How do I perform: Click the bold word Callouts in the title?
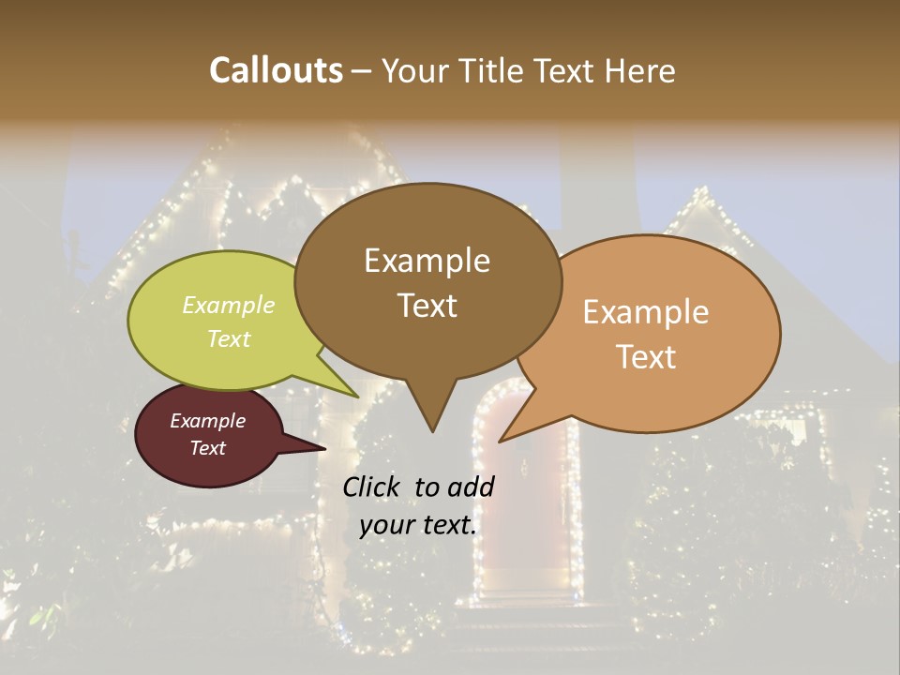[276, 70]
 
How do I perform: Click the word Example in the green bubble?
[229, 305]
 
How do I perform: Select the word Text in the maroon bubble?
[208, 448]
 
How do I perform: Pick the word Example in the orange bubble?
[646, 312]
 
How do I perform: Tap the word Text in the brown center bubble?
[427, 306]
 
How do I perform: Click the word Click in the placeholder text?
[373, 487]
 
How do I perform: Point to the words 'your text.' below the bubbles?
[418, 525]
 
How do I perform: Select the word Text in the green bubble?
[229, 338]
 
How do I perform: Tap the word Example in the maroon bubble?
[208, 421]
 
